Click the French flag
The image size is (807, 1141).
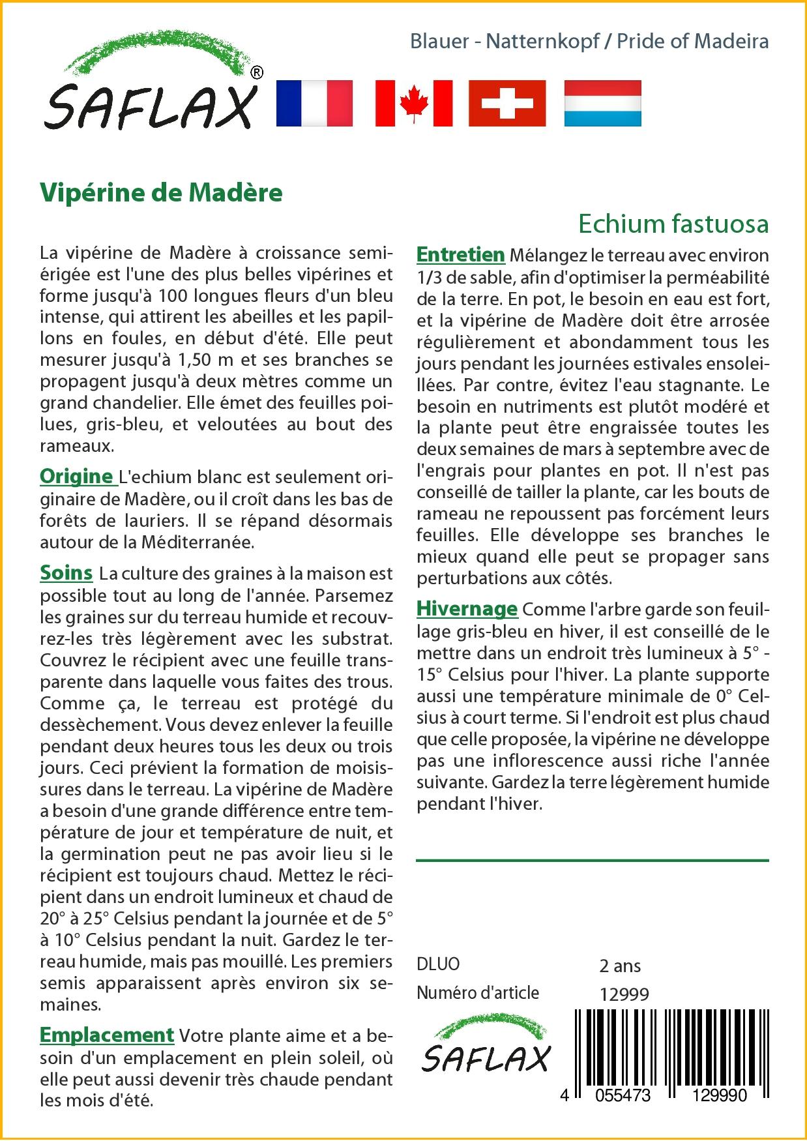pyautogui.click(x=314, y=103)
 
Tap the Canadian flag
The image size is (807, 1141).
pyautogui.click(x=414, y=103)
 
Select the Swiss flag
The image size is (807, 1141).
pyautogui.click(x=507, y=103)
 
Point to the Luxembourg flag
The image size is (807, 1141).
pyautogui.click(x=602, y=103)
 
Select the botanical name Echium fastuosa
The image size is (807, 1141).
pyautogui.click(x=673, y=224)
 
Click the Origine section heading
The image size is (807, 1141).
pyautogui.click(x=77, y=477)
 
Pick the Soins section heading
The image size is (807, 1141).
pyautogui.click(x=66, y=572)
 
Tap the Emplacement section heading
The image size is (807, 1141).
pyautogui.click(x=107, y=1035)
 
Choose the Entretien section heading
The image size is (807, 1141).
pyautogui.click(x=461, y=254)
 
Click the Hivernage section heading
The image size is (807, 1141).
pyautogui.click(x=467, y=608)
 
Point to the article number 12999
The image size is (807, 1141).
pyautogui.click(x=624, y=994)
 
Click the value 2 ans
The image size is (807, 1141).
pyautogui.click(x=619, y=966)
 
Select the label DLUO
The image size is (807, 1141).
pyautogui.click(x=438, y=964)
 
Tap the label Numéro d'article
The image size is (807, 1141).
pyautogui.click(x=478, y=993)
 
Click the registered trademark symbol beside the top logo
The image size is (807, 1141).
pyautogui.click(x=257, y=73)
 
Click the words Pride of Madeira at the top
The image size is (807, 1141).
pyautogui.click(x=692, y=41)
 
